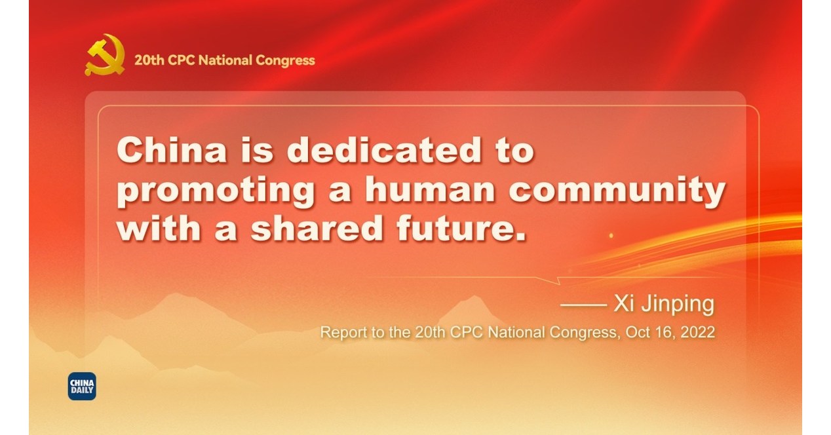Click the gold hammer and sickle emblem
[105, 56]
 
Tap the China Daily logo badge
[82, 386]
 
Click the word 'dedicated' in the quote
[384, 151]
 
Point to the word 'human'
[431, 191]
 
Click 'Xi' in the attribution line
[621, 304]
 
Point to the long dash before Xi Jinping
[583, 305]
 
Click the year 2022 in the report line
[697, 332]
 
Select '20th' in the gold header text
[147, 61]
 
